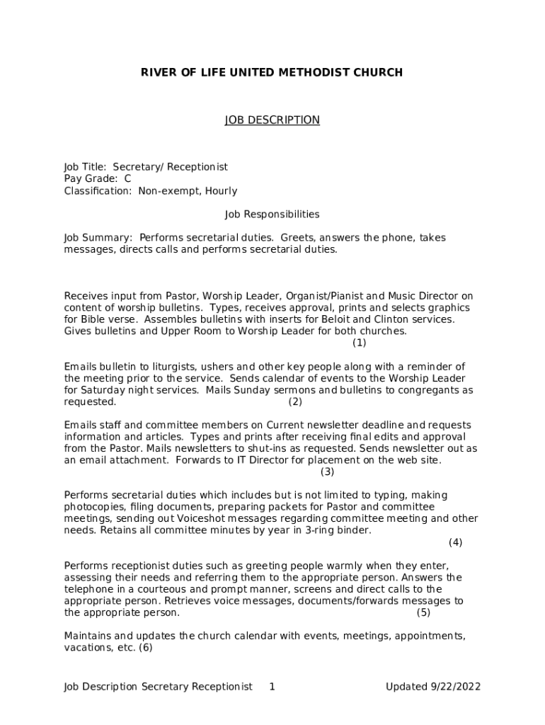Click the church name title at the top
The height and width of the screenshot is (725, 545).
[272, 72]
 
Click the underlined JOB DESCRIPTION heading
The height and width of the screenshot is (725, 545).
[272, 120]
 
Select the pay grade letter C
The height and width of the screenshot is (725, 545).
[127, 179]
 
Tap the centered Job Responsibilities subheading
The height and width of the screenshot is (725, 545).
[272, 214]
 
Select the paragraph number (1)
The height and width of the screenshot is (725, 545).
[360, 343]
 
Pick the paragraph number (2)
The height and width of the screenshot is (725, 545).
[295, 402]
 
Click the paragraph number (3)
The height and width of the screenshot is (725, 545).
[327, 472]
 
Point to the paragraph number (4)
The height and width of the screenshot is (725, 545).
[455, 542]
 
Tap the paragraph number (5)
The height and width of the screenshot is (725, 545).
[423, 612]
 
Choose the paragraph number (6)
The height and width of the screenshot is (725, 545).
[146, 648]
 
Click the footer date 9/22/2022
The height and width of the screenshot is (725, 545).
[455, 687]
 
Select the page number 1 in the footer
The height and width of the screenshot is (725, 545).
[272, 687]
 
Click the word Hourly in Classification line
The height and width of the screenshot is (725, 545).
[221, 191]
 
